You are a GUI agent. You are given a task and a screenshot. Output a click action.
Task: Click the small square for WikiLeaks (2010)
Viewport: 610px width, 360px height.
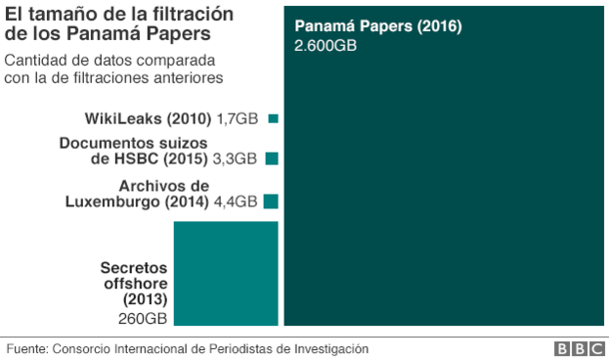[x=274, y=119]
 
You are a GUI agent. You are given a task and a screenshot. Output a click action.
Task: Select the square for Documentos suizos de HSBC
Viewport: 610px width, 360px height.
[x=272, y=158]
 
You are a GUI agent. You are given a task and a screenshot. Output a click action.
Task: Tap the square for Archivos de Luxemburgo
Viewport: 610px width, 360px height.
[x=271, y=202]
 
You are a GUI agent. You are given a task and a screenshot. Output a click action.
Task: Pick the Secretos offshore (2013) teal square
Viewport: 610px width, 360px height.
[x=226, y=273]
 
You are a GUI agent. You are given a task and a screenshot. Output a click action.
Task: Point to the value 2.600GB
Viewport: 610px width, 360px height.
[x=326, y=45]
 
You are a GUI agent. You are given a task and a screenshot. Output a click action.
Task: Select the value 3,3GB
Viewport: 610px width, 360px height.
[x=235, y=158]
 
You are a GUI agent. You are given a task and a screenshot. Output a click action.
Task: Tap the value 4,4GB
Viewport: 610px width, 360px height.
[x=235, y=202]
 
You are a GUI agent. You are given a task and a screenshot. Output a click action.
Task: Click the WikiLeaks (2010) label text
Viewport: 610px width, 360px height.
[x=148, y=119]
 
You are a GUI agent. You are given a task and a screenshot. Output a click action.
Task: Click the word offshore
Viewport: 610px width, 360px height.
[x=136, y=283]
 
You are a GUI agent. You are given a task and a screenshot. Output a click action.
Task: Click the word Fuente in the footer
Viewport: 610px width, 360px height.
[x=26, y=348]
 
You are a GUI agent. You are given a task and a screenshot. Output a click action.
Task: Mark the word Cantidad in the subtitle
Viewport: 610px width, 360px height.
[x=33, y=61]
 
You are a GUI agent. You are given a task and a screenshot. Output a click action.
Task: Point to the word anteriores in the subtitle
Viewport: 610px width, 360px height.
[x=187, y=77]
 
